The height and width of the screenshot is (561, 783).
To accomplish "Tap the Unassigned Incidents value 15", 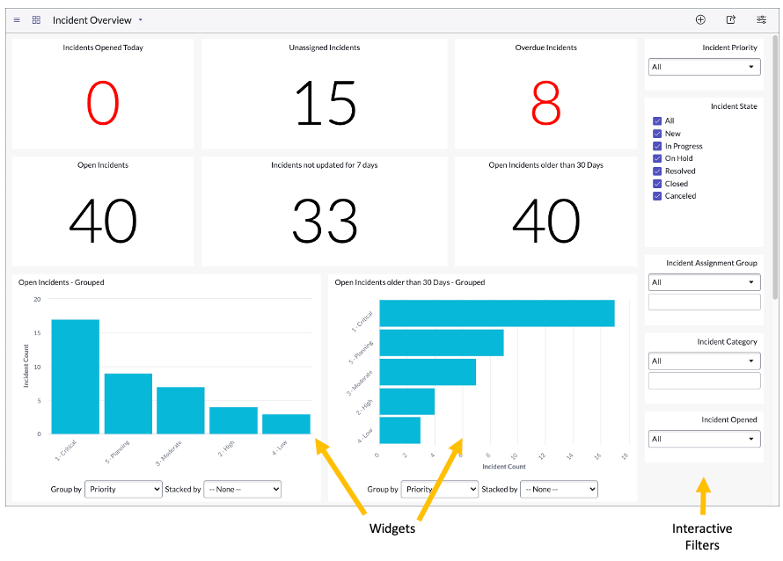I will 326,104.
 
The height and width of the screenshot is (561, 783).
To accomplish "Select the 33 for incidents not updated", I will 326,221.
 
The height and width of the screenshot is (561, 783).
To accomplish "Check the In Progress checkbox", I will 657,146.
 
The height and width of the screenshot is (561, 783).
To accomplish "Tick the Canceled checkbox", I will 657,196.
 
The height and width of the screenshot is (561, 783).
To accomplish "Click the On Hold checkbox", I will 657,158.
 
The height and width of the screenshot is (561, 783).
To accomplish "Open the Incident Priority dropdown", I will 704,67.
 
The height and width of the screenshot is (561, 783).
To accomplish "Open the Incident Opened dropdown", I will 704,439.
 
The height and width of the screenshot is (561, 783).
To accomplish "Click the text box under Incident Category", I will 704,381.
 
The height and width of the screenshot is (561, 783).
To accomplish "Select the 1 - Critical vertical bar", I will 75,376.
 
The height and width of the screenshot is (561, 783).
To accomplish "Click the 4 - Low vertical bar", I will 286,424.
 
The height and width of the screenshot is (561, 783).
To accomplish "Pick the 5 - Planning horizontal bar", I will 441,343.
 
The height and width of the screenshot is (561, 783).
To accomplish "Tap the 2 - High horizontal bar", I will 406,401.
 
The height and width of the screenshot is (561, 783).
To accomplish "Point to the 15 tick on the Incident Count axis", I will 38,332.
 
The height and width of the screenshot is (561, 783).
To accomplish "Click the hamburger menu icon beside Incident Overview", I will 17,19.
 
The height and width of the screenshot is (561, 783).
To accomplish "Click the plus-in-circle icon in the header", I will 700,19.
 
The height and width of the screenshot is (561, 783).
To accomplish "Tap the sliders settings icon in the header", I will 761,19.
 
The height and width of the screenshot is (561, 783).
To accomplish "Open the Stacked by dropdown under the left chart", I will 242,489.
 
